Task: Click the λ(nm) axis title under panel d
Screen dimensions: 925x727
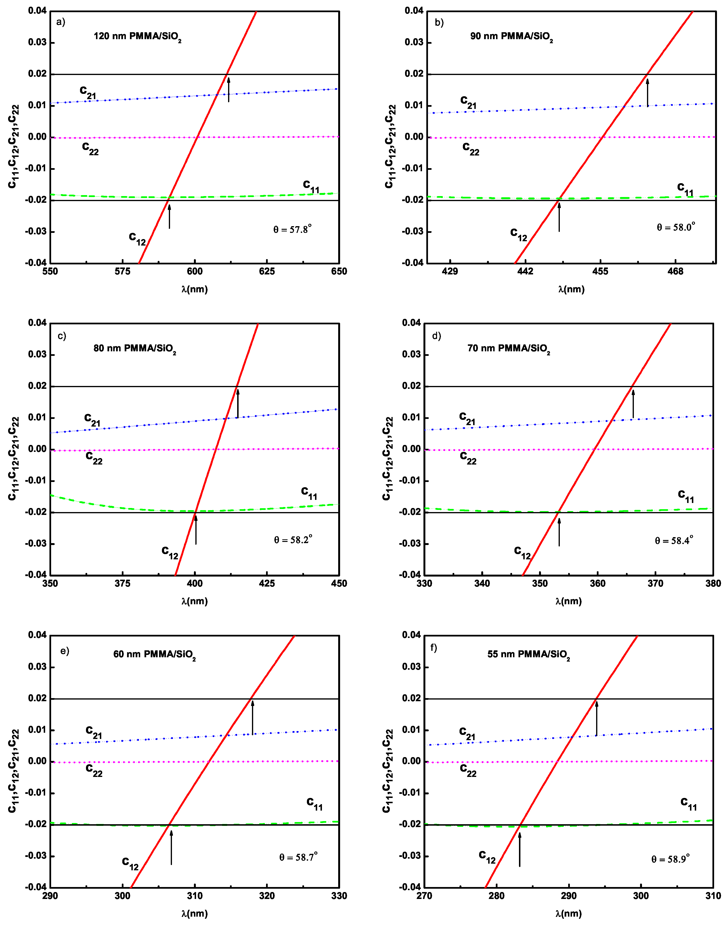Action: (x=568, y=601)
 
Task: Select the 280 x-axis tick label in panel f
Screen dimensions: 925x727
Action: (x=496, y=896)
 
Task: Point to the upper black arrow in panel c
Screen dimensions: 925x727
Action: (x=237, y=403)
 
